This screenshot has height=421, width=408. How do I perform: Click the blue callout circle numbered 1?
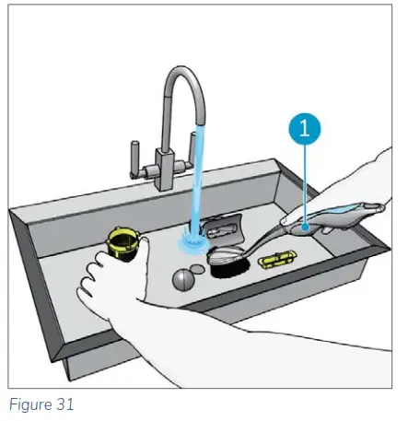pyautogui.click(x=304, y=128)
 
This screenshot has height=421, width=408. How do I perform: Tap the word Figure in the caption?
pyautogui.click(x=29, y=404)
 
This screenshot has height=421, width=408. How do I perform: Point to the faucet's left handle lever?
pyautogui.click(x=135, y=158)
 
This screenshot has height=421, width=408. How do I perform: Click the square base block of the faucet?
pyautogui.click(x=166, y=169)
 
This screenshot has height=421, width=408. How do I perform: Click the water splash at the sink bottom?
pyautogui.click(x=193, y=242)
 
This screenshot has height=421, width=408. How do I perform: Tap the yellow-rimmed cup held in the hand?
pyautogui.click(x=123, y=244)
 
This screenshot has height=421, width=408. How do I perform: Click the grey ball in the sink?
pyautogui.click(x=183, y=279)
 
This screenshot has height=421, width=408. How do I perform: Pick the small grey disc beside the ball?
pyautogui.click(x=197, y=269)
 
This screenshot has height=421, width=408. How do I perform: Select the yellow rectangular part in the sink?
pyautogui.click(x=277, y=259)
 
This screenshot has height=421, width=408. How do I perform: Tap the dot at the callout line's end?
pyautogui.click(x=305, y=228)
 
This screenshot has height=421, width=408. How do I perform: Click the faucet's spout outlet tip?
pyautogui.click(x=200, y=123)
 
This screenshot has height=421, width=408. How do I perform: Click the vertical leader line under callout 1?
pyautogui.click(x=305, y=184)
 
